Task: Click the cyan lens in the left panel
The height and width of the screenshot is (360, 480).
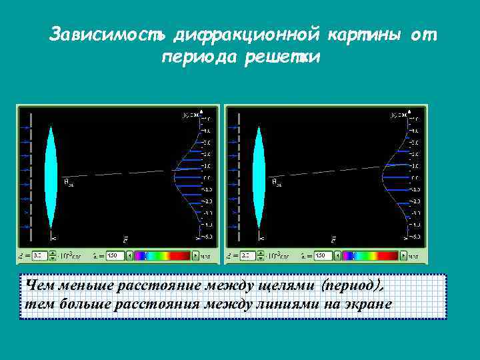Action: (51, 177)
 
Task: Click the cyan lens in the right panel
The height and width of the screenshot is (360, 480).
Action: (259, 177)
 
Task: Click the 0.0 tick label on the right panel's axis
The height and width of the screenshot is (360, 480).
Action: (414, 178)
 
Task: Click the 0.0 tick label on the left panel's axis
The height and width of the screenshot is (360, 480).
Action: (207, 178)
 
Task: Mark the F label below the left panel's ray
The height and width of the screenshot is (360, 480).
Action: (125, 238)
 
